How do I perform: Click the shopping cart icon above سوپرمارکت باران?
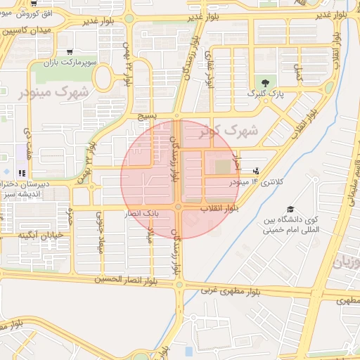click(x=69, y=52)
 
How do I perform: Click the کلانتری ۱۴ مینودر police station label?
click(x=256, y=182)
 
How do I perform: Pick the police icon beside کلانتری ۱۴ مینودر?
click(x=255, y=169)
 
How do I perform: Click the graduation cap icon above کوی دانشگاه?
click(x=290, y=210)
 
